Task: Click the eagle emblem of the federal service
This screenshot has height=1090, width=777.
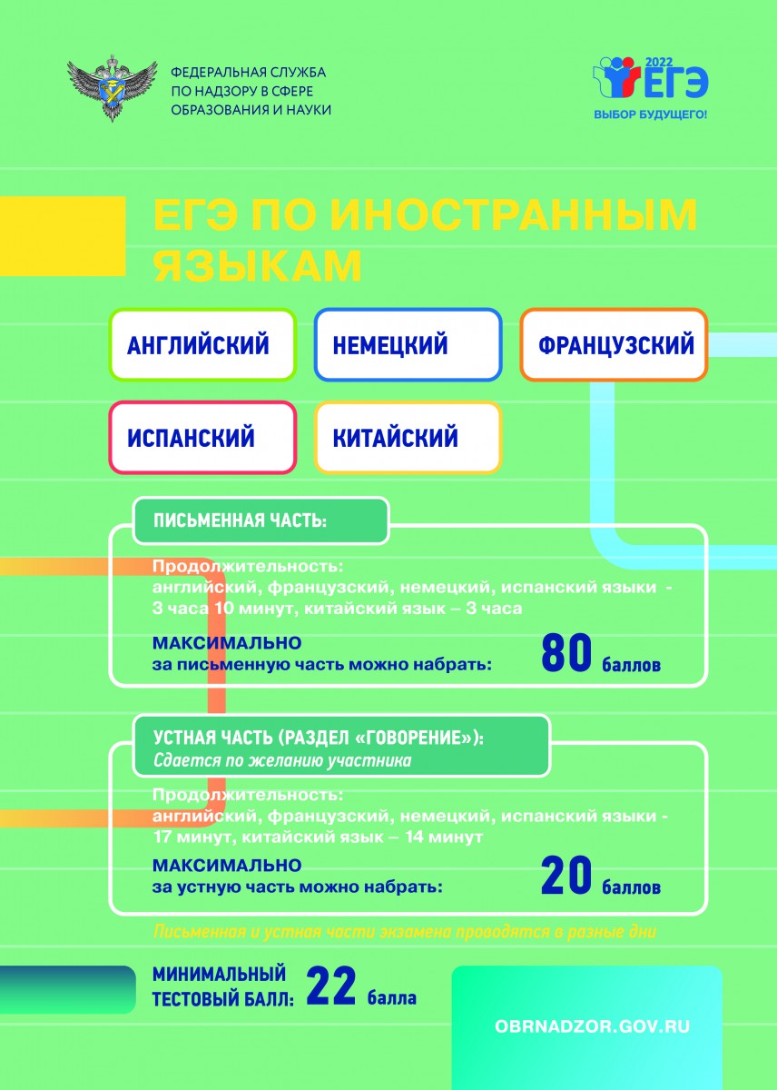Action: pos(112,88)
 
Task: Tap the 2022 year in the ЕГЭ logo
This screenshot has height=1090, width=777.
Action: pos(659,63)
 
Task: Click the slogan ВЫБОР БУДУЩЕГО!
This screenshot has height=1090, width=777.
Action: pos(651,114)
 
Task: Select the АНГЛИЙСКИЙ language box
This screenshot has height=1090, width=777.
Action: pos(202,344)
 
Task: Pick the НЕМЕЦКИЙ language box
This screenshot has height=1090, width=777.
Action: pos(408,344)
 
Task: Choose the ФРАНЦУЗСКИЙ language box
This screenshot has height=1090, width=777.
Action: pos(614,344)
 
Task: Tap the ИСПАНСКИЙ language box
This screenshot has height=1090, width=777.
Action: pos(202,437)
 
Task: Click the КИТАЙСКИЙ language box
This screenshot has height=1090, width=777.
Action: pos(408,437)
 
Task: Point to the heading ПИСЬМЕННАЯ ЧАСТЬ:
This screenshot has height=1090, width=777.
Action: pos(241,520)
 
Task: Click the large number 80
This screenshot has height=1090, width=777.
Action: pos(566,652)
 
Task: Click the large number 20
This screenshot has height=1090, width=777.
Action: pos(566,876)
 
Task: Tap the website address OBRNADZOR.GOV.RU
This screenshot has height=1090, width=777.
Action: pos(592,1026)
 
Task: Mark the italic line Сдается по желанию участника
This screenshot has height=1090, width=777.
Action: pos(282,760)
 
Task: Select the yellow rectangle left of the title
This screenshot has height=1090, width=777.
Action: pos(63,236)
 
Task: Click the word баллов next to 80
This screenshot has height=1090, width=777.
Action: pos(631,665)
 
